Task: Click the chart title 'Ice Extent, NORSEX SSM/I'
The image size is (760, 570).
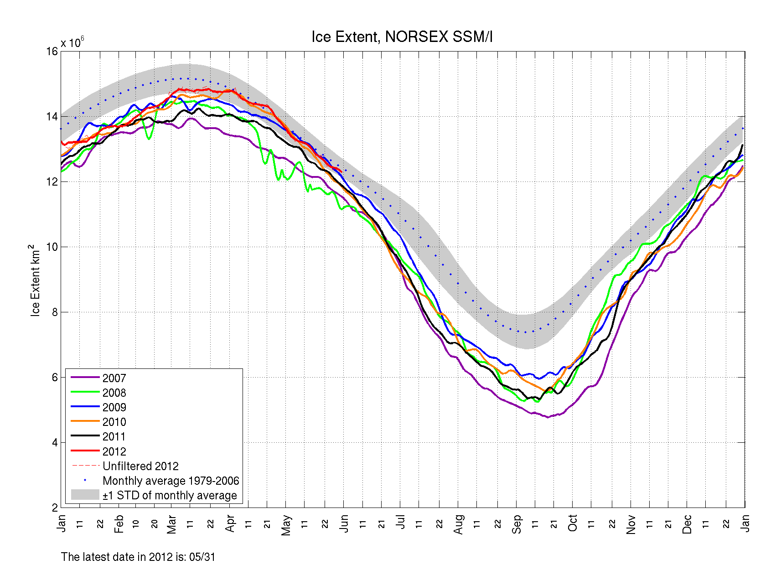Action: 402,37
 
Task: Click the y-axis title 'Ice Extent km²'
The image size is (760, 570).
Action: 35,280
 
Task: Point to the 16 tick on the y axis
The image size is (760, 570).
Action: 52,52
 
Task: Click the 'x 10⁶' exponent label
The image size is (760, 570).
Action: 72,43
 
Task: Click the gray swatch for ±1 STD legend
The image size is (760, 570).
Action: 85,495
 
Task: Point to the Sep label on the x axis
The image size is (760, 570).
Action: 517,524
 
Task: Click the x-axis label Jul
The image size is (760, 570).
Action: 401,522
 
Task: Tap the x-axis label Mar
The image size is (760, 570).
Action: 171,524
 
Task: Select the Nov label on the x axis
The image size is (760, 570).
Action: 631,524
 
